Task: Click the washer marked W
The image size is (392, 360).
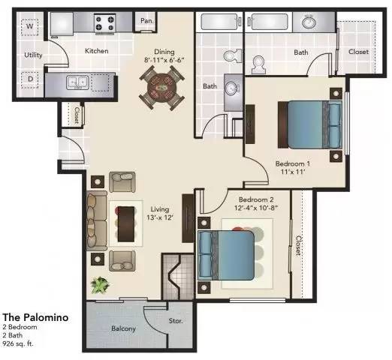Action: (31, 27)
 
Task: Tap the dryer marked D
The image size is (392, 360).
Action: (31, 78)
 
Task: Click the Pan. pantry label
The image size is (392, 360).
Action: (145, 21)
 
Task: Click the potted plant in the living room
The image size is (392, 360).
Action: (98, 285)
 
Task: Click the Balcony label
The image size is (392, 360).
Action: (124, 328)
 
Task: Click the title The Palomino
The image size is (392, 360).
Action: (36, 317)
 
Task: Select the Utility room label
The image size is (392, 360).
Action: (32, 55)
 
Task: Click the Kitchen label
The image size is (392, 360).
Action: (96, 51)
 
